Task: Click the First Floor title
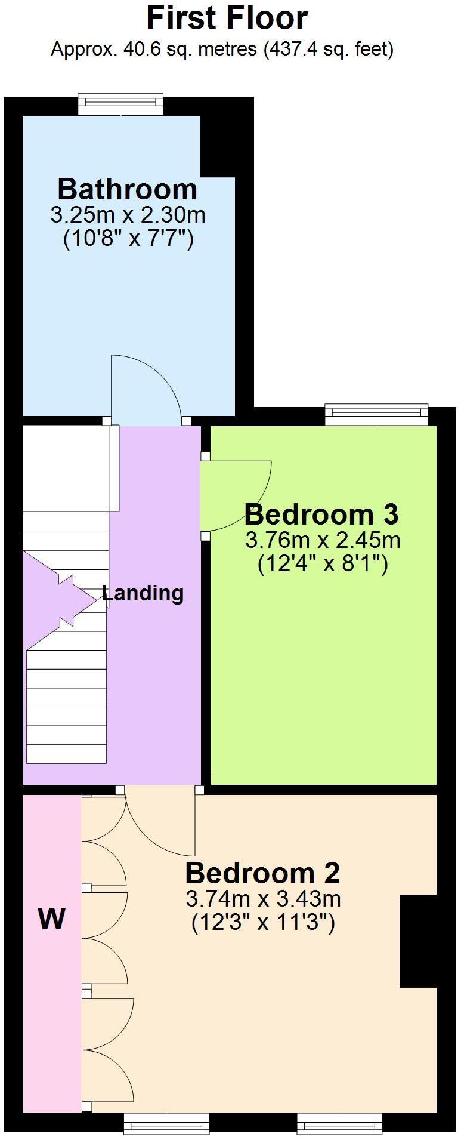pyautogui.click(x=227, y=18)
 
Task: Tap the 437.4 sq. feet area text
pyautogui.click(x=329, y=49)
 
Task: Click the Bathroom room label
pyautogui.click(x=127, y=189)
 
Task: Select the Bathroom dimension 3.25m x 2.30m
pyautogui.click(x=128, y=214)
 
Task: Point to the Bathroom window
pyautogui.click(x=120, y=104)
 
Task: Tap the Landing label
pyautogui.click(x=143, y=593)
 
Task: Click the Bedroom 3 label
pyautogui.click(x=321, y=514)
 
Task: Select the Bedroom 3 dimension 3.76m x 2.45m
pyautogui.click(x=323, y=540)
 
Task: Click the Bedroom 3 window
pyautogui.click(x=376, y=415)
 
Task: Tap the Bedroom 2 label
pyautogui.click(x=262, y=873)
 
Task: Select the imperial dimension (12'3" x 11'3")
pyautogui.click(x=263, y=923)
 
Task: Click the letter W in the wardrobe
pyautogui.click(x=52, y=919)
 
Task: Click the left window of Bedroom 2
pyautogui.click(x=167, y=1124)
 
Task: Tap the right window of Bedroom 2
pyautogui.click(x=340, y=1124)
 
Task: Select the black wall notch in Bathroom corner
pyautogui.click(x=217, y=146)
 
